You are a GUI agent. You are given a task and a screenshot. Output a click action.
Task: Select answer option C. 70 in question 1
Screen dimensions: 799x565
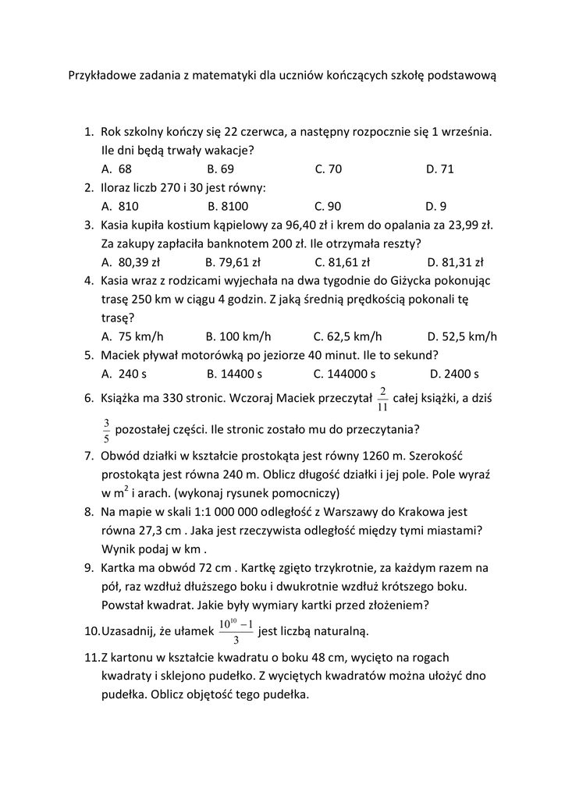[x=329, y=169]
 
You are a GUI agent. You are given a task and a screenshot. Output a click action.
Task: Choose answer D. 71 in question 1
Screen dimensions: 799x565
[x=440, y=169]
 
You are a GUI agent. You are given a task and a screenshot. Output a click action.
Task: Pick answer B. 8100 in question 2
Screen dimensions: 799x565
[x=228, y=206]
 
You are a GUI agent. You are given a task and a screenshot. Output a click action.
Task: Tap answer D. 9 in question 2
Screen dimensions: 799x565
[x=436, y=206]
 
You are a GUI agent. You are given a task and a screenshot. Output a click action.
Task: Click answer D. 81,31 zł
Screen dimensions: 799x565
[x=456, y=262]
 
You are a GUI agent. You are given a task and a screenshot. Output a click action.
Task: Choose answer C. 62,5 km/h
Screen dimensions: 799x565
[x=348, y=337]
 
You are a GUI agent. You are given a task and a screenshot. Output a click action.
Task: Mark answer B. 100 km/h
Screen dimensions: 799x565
[x=239, y=337]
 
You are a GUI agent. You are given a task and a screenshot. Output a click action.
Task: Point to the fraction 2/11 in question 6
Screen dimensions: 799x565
[x=382, y=398]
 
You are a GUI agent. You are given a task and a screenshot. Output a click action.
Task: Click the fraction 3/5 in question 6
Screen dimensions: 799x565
[x=106, y=430]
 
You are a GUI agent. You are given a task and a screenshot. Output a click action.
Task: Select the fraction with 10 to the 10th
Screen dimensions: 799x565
[x=236, y=630]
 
